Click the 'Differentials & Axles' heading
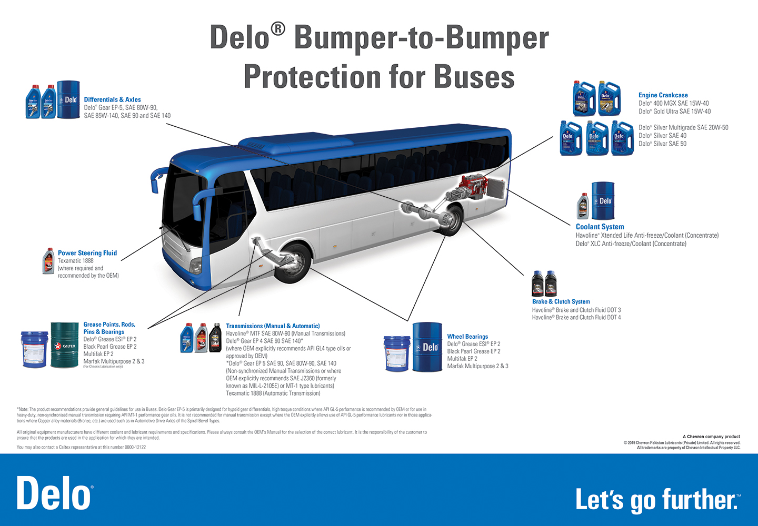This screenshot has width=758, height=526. tap(112, 99)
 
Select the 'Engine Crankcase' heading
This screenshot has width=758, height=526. tap(663, 95)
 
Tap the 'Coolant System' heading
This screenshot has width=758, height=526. tap(600, 227)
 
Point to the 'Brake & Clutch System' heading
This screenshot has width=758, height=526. tap(561, 301)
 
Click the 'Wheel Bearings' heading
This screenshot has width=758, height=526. tap(467, 337)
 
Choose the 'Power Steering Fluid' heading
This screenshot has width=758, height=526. tap(87, 253)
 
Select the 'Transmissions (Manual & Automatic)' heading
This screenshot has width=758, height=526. tap(273, 326)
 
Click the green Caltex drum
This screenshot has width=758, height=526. tap(64, 345)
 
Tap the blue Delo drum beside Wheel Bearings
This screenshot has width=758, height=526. tap(427, 347)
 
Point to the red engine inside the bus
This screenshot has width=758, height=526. tap(472, 186)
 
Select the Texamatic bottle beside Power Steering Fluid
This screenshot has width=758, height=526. tap(48, 261)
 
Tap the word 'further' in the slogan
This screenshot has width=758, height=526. tap(700, 500)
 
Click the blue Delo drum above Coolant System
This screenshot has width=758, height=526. tap(603, 200)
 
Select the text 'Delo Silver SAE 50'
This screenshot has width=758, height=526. tap(662, 144)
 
